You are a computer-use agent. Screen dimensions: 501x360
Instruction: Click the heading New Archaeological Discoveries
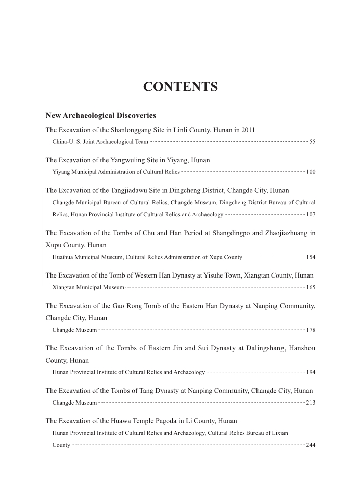pyautogui.click(x=100, y=116)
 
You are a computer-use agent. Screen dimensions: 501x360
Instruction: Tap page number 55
pyautogui.click(x=313, y=141)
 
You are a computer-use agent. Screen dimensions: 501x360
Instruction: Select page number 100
pyautogui.click(x=311, y=172)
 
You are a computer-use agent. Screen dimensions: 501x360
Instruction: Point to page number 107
pyautogui.click(x=311, y=214)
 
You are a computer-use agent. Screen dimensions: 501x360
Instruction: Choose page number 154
pyautogui.click(x=311, y=257)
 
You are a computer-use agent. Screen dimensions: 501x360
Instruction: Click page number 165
pyautogui.click(x=311, y=287)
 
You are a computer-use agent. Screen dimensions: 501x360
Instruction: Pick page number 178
pyautogui.click(x=311, y=330)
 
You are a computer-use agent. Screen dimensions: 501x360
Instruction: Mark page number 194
pyautogui.click(x=311, y=372)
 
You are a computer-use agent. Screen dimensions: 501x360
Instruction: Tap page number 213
pyautogui.click(x=311, y=403)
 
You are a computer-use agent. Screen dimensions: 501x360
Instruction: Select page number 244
pyautogui.click(x=311, y=445)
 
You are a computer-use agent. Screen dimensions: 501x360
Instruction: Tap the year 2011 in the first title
pyautogui.click(x=248, y=130)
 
